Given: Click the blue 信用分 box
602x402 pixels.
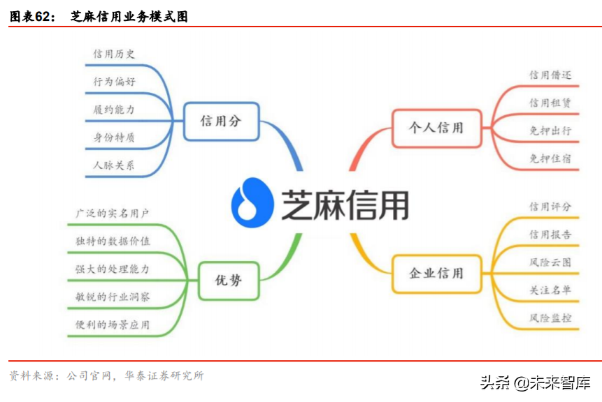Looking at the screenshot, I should coord(221,121).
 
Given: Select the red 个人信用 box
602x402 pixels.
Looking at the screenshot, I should coord(436,128).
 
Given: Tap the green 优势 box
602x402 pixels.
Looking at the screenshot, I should coord(229,281).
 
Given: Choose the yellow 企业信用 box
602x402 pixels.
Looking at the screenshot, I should coord(436,274).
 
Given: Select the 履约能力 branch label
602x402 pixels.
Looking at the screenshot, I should coord(114,110).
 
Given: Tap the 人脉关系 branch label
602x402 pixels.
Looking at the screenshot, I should coord(114,165).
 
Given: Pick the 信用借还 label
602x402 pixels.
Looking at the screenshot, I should coord(550,75).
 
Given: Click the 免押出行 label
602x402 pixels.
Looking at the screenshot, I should coord(550,131).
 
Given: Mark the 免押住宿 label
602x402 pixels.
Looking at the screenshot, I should coord(550,158).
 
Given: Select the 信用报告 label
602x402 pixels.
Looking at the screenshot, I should coord(550,234).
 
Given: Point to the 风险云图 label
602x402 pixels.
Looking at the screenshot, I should coord(550,262).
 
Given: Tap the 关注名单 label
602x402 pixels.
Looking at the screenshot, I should coord(550,290).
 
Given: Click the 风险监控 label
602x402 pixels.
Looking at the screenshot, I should coord(550,318).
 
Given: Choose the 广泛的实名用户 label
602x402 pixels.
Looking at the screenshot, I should coord(112,213).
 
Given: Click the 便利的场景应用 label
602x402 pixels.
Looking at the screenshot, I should coord(112,325).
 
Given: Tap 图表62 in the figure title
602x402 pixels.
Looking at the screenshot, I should coord(31,17).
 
